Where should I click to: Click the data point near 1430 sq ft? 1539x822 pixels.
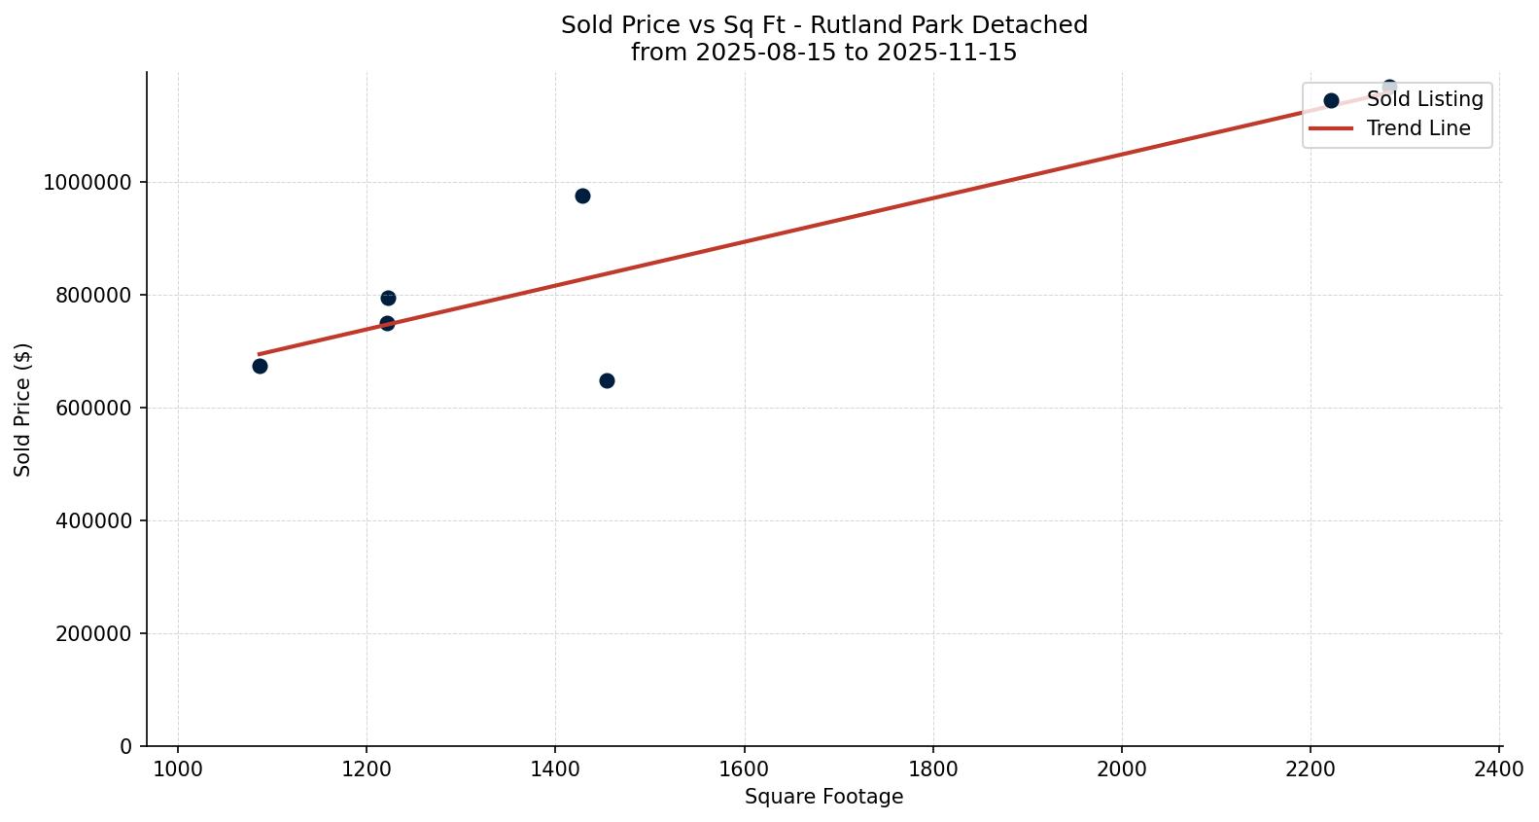click(x=582, y=196)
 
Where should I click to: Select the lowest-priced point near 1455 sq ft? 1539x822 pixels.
click(x=607, y=380)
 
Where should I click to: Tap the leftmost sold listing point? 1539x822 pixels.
click(x=260, y=366)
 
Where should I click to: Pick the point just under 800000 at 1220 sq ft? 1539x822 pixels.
click(x=388, y=298)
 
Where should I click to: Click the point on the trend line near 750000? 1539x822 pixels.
click(x=387, y=323)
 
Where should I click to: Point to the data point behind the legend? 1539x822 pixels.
click(x=1389, y=87)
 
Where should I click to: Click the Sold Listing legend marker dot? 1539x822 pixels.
click(x=1331, y=100)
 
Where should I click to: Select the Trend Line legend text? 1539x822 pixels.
click(x=1417, y=128)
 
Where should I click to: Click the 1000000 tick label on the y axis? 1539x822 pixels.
click(x=87, y=182)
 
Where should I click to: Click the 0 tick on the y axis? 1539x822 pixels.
click(x=125, y=746)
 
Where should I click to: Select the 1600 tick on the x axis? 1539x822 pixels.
click(x=744, y=768)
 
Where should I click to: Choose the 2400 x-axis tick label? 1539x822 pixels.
click(x=1498, y=768)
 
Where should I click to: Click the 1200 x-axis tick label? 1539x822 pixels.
click(x=367, y=768)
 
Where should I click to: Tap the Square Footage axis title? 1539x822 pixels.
click(x=823, y=798)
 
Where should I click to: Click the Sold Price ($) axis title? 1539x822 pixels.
click(x=23, y=409)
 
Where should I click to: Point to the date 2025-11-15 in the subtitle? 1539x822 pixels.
click(x=947, y=53)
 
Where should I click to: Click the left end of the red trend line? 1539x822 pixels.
click(x=260, y=354)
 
